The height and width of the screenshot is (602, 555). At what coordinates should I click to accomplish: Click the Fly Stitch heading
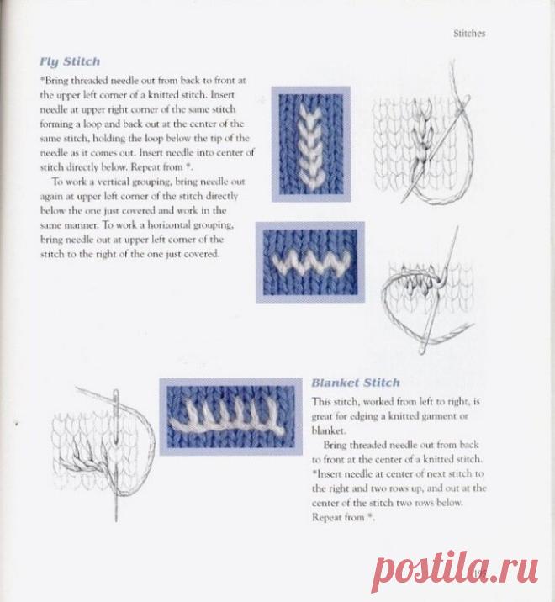70,62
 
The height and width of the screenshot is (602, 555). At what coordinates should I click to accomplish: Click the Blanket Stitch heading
356,383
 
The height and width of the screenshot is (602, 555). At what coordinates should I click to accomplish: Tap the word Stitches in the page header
469,34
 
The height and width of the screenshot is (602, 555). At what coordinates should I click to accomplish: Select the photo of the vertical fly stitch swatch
311,144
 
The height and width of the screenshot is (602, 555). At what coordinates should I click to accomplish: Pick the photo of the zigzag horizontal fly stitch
310,262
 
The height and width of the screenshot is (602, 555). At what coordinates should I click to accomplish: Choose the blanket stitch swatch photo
231,416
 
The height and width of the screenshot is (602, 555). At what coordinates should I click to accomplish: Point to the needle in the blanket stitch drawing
116,455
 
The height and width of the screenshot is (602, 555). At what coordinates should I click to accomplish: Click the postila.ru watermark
455,571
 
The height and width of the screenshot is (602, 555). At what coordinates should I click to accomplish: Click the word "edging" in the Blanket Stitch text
364,416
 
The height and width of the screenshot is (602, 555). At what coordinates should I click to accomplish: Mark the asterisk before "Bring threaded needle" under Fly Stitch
42,79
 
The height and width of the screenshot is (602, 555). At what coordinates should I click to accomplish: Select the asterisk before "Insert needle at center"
314,473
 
